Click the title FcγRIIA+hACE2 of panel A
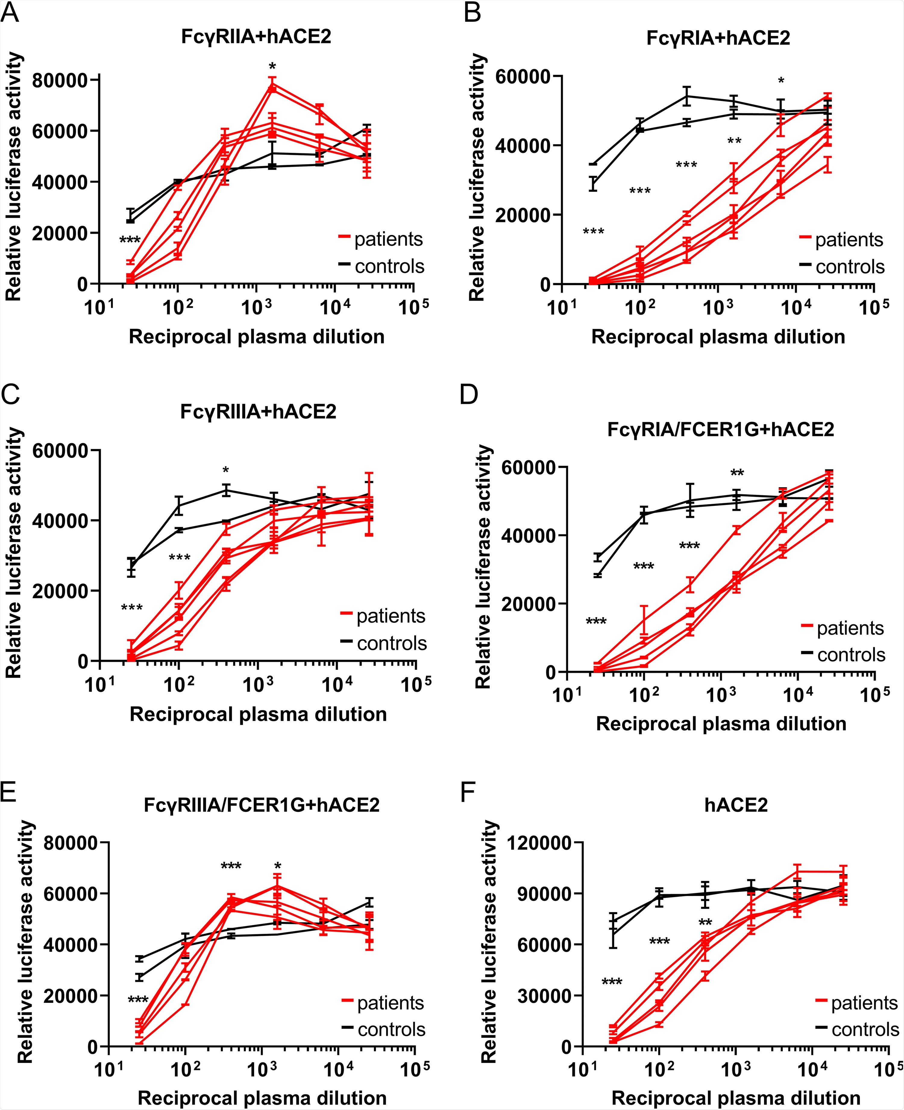[x=256, y=37]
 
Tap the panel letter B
[x=472, y=12]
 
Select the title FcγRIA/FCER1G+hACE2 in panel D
[x=721, y=430]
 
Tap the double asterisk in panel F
[x=705, y=923]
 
